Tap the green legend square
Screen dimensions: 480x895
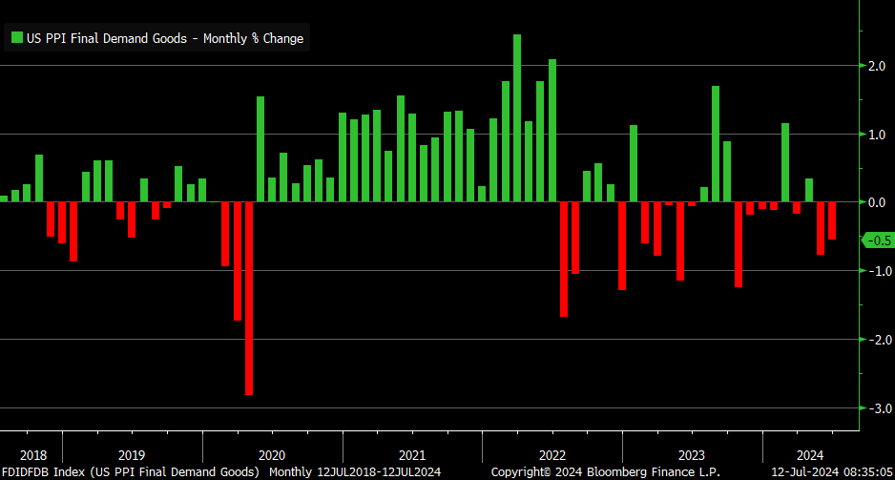click(16, 38)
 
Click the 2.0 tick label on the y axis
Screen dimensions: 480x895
click(877, 66)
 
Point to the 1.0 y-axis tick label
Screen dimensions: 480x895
click(877, 135)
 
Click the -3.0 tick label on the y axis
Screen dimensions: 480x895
click(875, 408)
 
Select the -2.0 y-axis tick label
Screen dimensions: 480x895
click(875, 340)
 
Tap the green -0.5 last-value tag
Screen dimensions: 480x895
click(877, 240)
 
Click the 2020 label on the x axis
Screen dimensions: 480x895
click(272, 455)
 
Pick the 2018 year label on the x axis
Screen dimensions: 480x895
click(32, 455)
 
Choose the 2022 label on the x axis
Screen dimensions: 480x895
click(552, 455)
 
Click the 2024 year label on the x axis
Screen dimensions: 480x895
click(808, 455)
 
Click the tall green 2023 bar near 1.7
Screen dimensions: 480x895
click(716, 144)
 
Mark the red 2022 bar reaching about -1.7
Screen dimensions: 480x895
click(564, 259)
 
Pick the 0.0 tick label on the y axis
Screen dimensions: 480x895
click(877, 202)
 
